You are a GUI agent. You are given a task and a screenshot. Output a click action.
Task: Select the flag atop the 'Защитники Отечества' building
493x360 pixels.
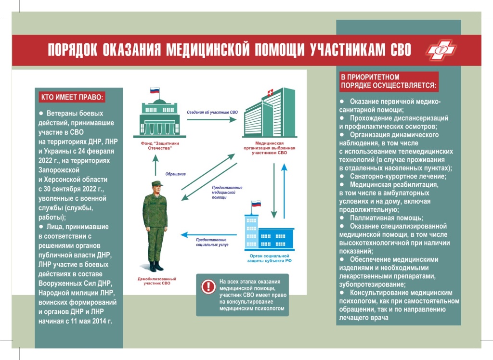(155, 90)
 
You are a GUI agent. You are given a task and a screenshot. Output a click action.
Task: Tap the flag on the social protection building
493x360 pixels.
(256, 204)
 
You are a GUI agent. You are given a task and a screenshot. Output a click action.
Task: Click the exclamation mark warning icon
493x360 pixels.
(208, 287)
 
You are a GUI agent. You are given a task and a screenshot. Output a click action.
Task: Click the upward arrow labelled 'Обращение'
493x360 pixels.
(156, 165)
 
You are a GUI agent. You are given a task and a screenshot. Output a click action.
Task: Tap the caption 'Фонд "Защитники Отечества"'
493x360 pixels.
(156, 145)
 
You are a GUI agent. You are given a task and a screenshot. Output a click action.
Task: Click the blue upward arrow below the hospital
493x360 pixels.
(284, 188)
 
